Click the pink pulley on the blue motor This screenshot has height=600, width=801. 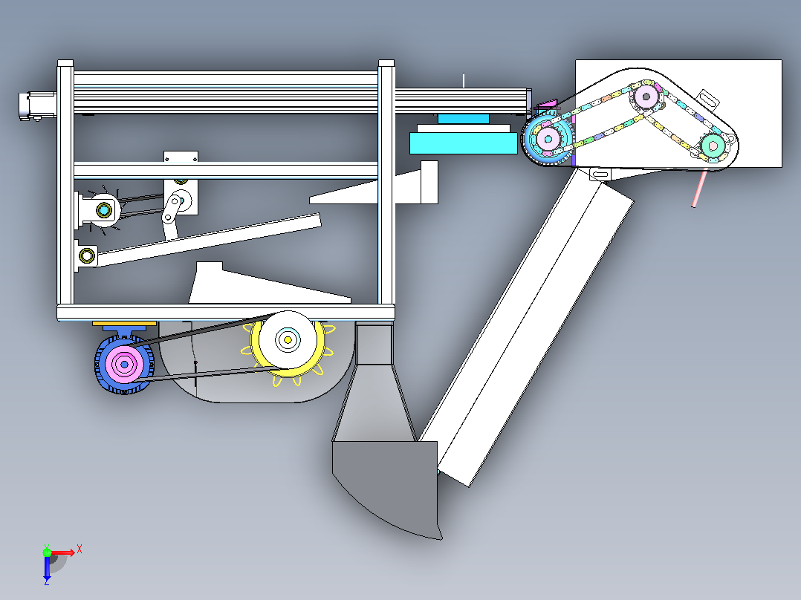[x=123, y=364]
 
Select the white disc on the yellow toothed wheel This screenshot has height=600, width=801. [x=288, y=339]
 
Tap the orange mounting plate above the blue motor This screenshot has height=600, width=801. [x=124, y=324]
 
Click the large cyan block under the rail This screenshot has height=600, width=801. [x=464, y=143]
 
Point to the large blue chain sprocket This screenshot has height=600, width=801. [x=548, y=139]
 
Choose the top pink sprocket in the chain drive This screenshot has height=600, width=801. [x=646, y=96]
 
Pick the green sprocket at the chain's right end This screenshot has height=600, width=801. [x=713, y=146]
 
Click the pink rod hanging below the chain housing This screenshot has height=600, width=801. [x=699, y=189]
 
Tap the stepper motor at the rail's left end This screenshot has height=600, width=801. [x=37, y=106]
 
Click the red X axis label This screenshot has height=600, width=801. [x=80, y=550]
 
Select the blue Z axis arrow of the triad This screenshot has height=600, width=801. [x=47, y=568]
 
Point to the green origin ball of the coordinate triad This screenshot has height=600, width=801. [x=47, y=552]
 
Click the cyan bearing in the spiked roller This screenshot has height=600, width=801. [x=104, y=210]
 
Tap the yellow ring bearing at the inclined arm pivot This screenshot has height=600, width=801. [x=87, y=255]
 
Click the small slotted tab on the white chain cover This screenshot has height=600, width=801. [x=707, y=99]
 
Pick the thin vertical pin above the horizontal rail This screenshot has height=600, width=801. [x=464, y=81]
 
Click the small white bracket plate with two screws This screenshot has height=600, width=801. [x=181, y=157]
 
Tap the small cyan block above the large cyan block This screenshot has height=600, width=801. [x=464, y=119]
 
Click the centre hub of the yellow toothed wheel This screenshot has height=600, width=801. [x=288, y=339]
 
